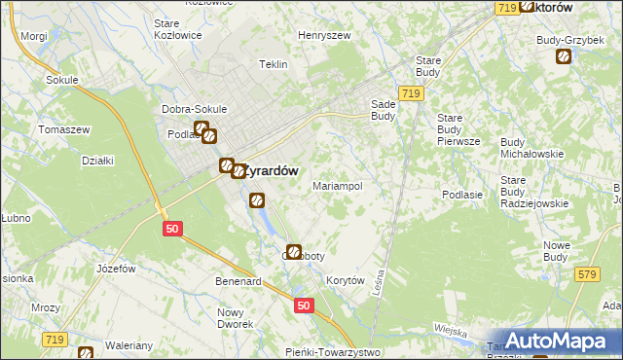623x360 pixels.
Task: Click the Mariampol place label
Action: pos(337,185)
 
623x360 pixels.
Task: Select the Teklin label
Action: pos(274,64)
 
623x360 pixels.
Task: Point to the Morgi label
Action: pos(33,36)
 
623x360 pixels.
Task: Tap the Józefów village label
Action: pos(115,268)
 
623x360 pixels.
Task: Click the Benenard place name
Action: pos(238,281)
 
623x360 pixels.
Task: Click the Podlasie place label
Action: pos(462,195)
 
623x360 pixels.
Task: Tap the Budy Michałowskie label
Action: pos(532,148)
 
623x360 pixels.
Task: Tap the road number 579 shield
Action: pos(585,276)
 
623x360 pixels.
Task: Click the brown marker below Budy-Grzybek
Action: pos(564,56)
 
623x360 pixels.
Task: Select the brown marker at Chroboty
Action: pos(294,251)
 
